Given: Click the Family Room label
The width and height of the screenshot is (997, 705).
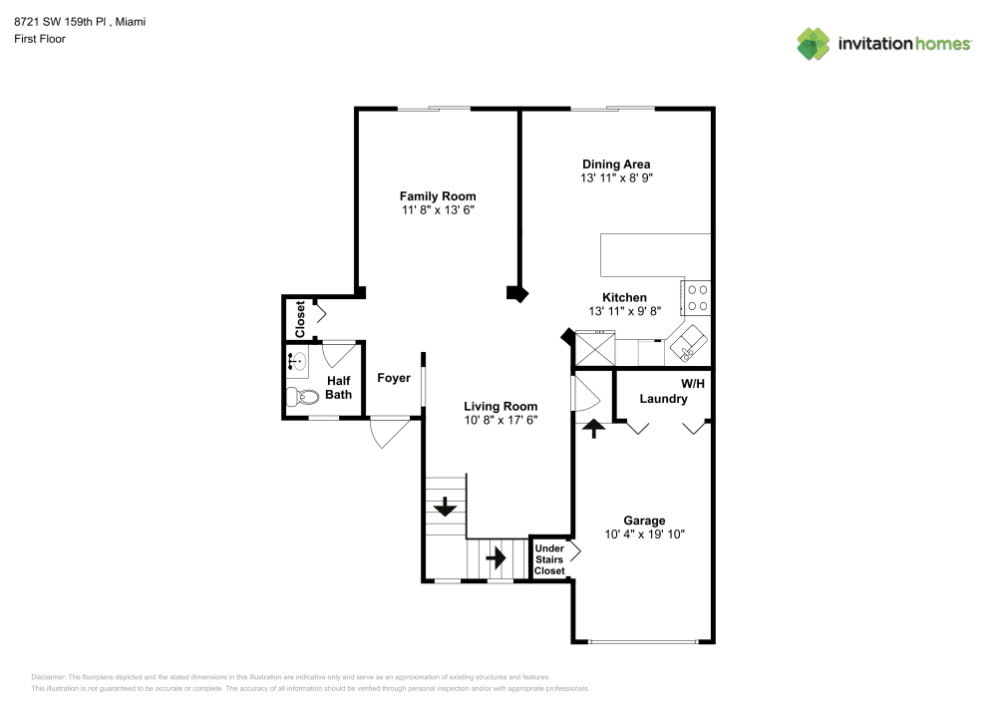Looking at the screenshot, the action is pos(438,196).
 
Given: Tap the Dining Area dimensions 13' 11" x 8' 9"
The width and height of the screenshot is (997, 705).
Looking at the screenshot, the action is pos(616,178).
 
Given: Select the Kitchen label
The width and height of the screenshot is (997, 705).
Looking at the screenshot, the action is pos(624,297).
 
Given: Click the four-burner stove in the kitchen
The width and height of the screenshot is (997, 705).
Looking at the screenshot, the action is pos(696,298).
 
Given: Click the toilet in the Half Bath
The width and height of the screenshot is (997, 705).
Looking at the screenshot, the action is pos(302,397).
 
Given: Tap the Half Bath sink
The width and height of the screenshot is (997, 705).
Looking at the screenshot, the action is pos(297,362).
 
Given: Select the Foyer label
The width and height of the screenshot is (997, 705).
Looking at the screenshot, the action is pos(394,378).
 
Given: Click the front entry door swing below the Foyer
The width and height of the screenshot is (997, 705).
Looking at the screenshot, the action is pos(389,433).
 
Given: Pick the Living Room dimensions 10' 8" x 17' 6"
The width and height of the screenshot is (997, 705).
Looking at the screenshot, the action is pos(501,420).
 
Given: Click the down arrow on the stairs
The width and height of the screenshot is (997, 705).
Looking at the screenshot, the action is pos(445,506).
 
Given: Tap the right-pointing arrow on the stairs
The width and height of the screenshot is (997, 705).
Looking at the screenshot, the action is pos(496,558).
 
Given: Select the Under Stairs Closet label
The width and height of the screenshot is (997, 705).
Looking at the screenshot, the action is pos(549,559).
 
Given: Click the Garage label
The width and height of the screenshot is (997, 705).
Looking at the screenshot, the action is pos(644,521).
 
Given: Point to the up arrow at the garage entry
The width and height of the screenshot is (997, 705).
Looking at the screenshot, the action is pos(594,429).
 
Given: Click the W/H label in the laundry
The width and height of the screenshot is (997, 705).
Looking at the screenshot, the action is pos(693,383).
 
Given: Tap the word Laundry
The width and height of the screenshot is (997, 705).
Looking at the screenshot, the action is pos(663,399).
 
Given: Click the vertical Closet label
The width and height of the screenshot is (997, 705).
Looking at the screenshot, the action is pos(300,319).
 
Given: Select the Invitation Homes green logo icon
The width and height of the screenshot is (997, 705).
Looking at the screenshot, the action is pos(814,44).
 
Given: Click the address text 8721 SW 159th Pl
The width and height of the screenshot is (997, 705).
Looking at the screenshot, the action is pos(61,22).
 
